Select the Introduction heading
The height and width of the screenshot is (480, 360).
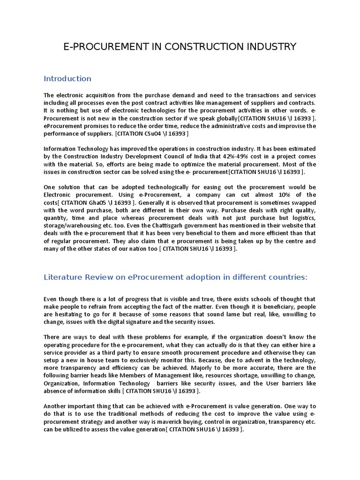pyautogui.click(x=67, y=78)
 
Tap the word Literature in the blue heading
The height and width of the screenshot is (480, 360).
pyautogui.click(x=62, y=277)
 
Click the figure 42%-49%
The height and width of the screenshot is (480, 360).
pyautogui.click(x=225, y=156)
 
